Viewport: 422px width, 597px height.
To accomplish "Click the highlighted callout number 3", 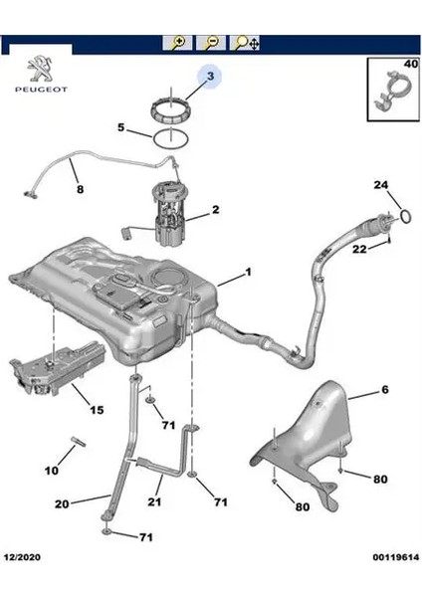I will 210,77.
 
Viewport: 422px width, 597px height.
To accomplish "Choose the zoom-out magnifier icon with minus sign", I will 211,43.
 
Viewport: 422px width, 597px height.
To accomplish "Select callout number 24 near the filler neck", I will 380,186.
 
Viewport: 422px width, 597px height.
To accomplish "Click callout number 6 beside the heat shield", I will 384,392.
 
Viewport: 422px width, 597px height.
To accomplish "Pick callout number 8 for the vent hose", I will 80,188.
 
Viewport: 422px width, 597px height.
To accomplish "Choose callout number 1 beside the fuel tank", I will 248,272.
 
